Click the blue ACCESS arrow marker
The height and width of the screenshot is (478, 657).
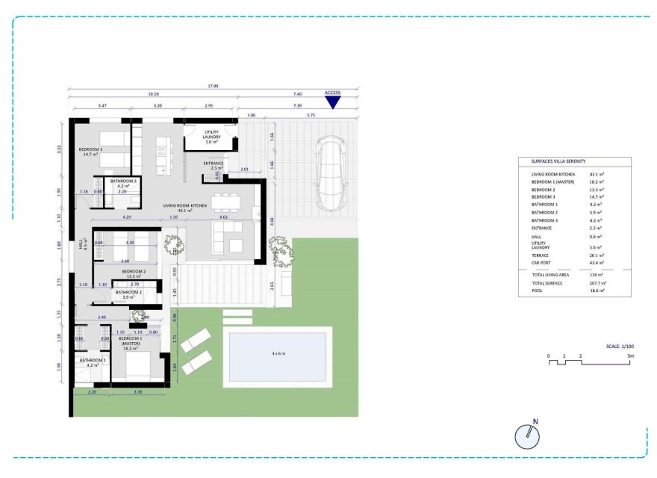pos(332,103)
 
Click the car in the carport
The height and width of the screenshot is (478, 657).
pos(329,173)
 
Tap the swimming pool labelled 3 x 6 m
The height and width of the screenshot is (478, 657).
pos(277,356)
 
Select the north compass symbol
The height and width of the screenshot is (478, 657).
pos(527,436)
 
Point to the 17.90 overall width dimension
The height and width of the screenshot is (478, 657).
pos(214,85)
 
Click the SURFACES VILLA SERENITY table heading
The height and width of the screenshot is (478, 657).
pos(553,161)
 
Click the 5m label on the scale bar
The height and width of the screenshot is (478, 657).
pos(631,356)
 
